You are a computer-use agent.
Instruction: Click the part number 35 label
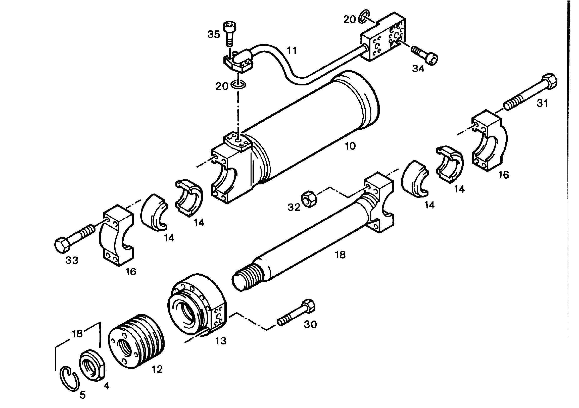click(214, 35)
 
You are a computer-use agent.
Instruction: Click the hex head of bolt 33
click(62, 244)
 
